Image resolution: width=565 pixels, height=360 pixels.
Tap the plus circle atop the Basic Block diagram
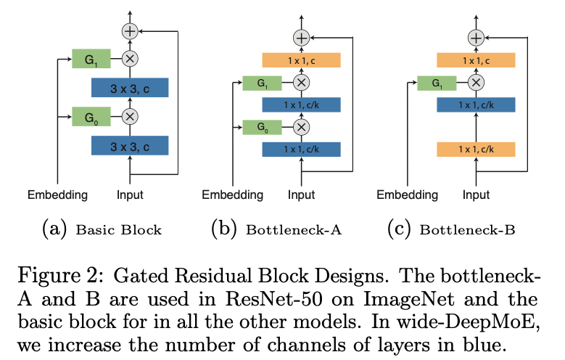[130, 31]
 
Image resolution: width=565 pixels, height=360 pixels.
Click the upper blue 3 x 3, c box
[130, 87]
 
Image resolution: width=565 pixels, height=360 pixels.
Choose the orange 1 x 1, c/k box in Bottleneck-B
[476, 150]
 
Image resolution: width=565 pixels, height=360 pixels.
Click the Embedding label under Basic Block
[57, 195]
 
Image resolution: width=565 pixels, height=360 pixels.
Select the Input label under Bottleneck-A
[301, 195]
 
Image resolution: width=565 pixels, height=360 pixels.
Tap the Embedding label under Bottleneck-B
[406, 195]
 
